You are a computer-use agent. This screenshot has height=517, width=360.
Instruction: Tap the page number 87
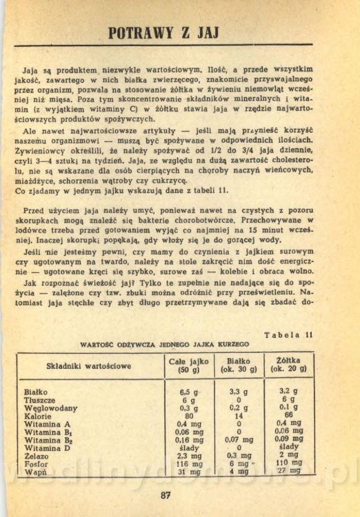tap(165, 494)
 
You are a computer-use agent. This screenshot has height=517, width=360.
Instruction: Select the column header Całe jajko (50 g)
tap(188, 365)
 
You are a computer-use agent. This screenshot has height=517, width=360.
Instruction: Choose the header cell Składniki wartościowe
tap(88, 365)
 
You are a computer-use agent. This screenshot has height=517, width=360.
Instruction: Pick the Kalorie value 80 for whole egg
tap(188, 416)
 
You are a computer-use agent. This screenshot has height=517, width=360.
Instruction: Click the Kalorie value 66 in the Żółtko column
tap(288, 416)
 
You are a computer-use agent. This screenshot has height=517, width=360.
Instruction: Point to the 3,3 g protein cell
tap(239, 392)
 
